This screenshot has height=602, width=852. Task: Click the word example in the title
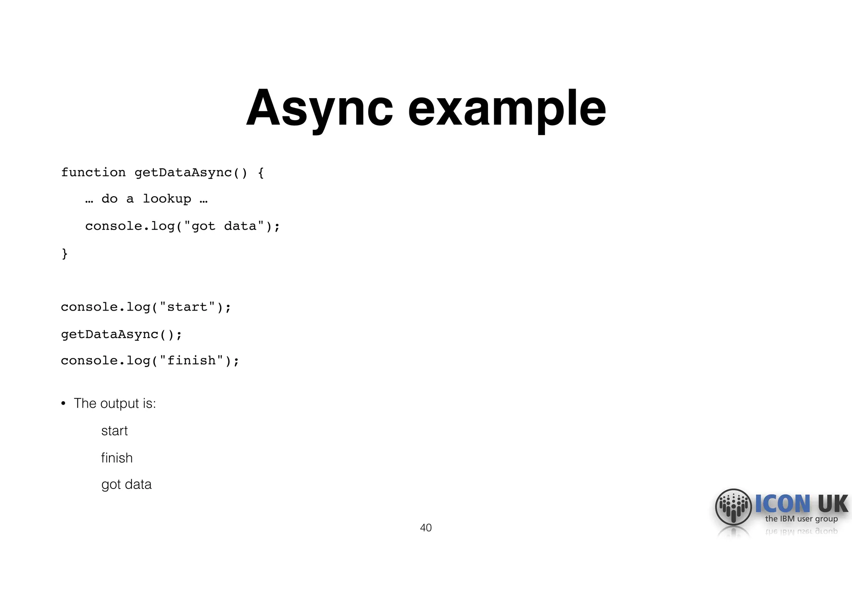coord(507,109)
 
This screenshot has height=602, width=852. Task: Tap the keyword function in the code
coord(93,173)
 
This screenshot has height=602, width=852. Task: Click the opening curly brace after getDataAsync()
coord(261,173)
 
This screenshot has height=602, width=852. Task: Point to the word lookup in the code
coord(167,199)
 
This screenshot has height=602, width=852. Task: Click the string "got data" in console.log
coord(224,226)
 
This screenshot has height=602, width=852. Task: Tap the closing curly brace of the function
coord(64,253)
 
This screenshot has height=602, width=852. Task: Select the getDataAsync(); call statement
coord(121,334)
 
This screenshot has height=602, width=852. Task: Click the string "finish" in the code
coord(191,360)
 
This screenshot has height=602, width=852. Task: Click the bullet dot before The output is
coord(63,404)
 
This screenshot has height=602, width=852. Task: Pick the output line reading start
coord(114,431)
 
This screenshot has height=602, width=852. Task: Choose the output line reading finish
coord(117,458)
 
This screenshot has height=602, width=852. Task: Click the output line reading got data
coord(126,485)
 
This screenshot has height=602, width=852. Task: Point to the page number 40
coord(426,528)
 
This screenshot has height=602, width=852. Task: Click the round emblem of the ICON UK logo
coord(733,507)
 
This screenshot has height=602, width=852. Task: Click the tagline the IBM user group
coord(801,519)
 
